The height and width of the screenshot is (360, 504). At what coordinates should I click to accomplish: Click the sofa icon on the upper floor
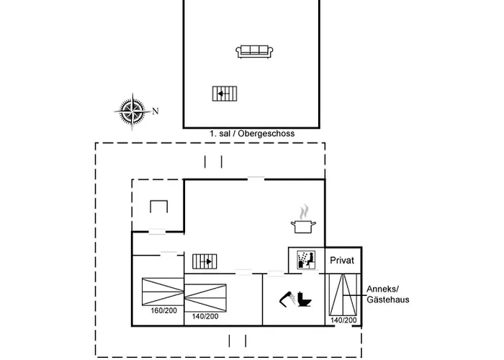coord(254,52)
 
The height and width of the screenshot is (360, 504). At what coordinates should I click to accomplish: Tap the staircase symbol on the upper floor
coord(225,94)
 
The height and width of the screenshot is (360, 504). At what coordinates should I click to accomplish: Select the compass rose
coord(132,111)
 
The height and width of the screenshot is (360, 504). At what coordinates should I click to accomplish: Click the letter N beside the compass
coord(156,111)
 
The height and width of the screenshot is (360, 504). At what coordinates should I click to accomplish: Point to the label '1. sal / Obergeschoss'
coord(252,133)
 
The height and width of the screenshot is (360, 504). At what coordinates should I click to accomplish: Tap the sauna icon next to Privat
coord(306,260)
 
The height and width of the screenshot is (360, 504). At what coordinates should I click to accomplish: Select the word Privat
coord(342,261)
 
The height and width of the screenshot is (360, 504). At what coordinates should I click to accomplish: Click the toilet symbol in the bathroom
coord(304,300)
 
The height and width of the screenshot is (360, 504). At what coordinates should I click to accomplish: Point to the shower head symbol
coord(287,300)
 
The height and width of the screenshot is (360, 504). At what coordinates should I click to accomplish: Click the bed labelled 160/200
coord(163,292)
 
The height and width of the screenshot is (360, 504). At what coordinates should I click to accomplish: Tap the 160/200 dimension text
coord(164,311)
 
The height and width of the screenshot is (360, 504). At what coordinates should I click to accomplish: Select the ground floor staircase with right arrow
coord(204,261)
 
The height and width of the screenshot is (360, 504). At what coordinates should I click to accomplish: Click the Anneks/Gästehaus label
coord(388,294)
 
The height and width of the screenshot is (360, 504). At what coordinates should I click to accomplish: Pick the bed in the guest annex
coord(343,294)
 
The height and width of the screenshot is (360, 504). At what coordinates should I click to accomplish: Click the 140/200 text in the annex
coord(343,320)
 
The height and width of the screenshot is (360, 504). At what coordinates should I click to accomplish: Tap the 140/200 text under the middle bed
coord(205,317)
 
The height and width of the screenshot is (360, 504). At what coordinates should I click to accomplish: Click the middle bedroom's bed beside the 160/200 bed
coord(205,298)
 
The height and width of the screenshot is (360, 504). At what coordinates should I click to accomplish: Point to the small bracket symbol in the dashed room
coord(159,207)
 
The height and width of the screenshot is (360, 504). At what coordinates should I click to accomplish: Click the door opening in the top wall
coord(256,179)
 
